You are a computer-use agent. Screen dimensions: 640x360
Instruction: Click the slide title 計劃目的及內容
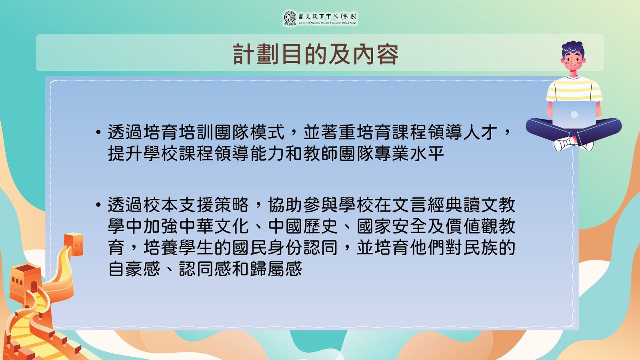tap(316, 54)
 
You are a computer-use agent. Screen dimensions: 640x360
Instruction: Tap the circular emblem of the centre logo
tap(290, 18)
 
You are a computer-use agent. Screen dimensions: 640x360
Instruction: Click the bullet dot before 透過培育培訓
tap(98, 132)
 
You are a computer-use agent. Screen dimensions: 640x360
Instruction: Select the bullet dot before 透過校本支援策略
tap(98, 204)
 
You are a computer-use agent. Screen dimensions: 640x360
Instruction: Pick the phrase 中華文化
tap(214, 226)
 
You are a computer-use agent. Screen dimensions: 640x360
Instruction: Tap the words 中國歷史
tap(303, 226)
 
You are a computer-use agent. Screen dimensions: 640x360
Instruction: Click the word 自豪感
tap(134, 269)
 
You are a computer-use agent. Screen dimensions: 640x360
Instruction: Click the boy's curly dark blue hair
tap(573, 48)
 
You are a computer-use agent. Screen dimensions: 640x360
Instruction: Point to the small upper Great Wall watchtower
tap(74, 244)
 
